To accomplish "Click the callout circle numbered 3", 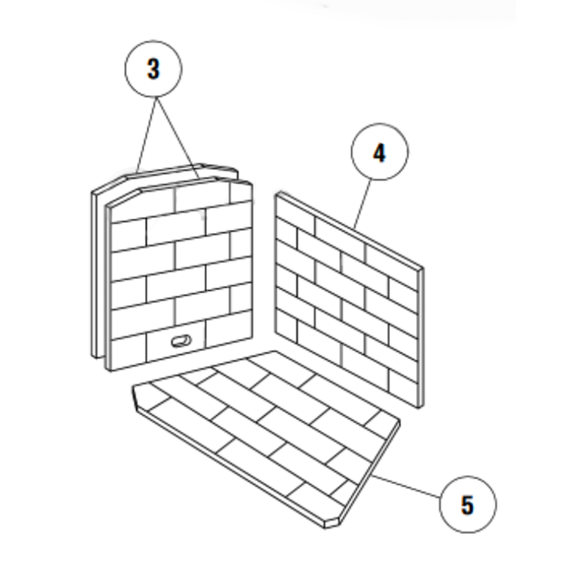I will point(153,69).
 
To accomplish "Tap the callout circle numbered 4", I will point(379,152).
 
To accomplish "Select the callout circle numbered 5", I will point(467,504).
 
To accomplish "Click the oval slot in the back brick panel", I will point(181,342).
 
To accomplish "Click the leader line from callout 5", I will point(407,488).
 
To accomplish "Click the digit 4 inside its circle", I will point(379,152).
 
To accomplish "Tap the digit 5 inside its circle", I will point(467,504).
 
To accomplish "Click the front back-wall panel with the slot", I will point(179,274).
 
